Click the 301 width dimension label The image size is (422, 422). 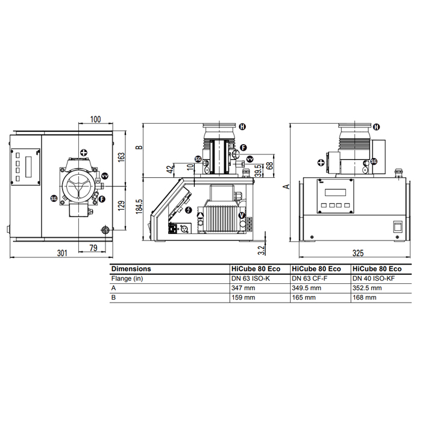pos(62,253)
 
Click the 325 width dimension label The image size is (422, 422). pos(358,253)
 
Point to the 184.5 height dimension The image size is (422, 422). pos(139,207)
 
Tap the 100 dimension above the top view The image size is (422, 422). pos(95,119)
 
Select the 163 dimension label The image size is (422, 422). pos(121,157)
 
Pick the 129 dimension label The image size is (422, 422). pos(121,206)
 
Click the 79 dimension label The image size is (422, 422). pos(93,248)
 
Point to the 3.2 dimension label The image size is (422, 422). pos(261,250)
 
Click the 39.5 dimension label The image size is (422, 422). pos(259,171)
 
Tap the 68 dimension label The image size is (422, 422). pos(269,165)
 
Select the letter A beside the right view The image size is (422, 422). pos(287,186)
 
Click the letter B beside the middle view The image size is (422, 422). pos(139,147)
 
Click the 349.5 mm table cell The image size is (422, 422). pos(306,288)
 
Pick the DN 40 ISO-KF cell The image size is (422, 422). pos(374,279)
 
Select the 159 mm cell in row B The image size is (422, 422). pos(244,297)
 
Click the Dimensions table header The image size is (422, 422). pos(131,269)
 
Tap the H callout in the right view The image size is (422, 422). pos(376,127)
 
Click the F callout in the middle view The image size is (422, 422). pos(244,148)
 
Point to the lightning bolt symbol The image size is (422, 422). pos(189,210)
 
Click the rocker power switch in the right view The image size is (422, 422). pos(398,226)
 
